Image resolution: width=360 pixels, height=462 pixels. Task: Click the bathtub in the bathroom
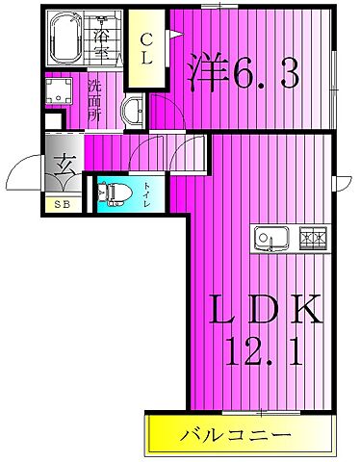[66, 38]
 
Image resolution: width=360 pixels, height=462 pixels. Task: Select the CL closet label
[147, 49]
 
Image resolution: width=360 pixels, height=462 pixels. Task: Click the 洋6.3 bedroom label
[244, 73]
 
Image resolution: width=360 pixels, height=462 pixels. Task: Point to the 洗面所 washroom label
[94, 100]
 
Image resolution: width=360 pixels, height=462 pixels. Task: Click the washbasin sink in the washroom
[133, 110]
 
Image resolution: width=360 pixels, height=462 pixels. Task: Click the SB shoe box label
[63, 204]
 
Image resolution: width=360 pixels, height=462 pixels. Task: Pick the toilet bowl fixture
[115, 194]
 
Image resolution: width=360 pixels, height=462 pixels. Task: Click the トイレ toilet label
[146, 194]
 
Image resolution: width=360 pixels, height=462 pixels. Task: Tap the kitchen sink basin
[271, 239]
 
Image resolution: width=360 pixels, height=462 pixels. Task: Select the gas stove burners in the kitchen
[313, 239]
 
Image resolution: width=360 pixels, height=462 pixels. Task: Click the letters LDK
[265, 309]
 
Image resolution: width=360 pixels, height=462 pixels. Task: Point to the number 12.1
[264, 351]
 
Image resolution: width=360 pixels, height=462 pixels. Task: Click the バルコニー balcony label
[235, 435]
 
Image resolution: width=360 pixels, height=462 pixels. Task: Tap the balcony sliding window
[262, 413]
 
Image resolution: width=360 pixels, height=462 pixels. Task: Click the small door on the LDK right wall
[343, 184]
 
